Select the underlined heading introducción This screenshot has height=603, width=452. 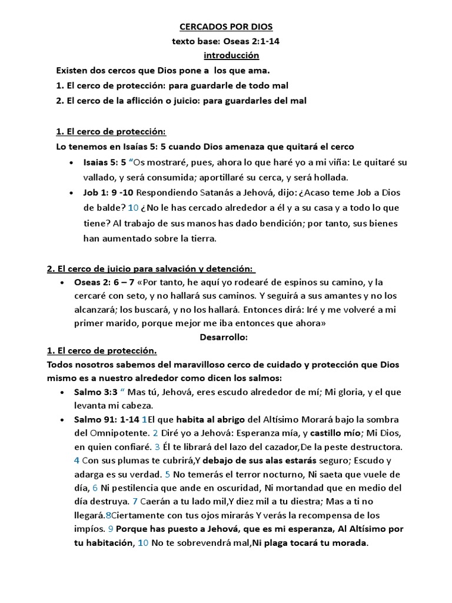pos(231,56)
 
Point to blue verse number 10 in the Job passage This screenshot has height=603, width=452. pos(133,208)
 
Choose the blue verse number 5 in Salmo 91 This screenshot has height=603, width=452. pos(167,473)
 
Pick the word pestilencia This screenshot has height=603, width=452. pos(131,488)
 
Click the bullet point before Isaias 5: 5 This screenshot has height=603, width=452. pos(71,163)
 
